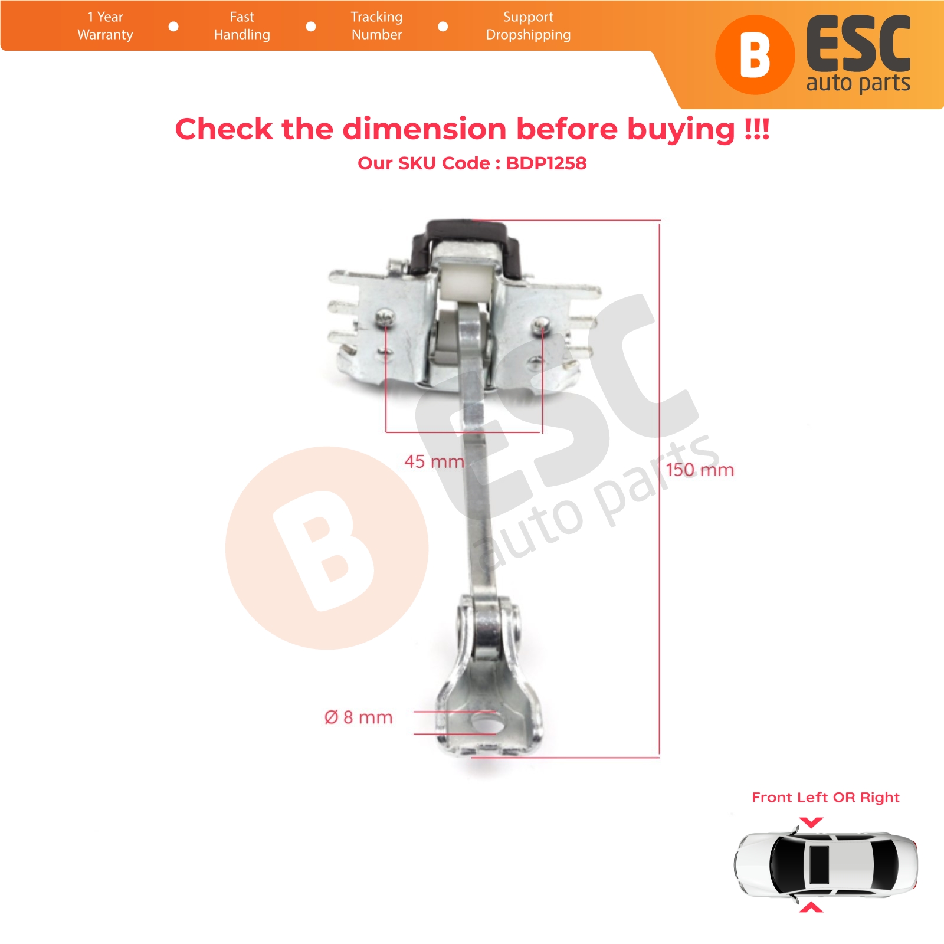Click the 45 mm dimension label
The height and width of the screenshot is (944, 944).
pos(434,461)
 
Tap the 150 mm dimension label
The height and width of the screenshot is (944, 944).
pos(700,470)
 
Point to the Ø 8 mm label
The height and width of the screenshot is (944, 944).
pos(359,717)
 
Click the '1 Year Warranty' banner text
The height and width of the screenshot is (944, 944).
pos(105,26)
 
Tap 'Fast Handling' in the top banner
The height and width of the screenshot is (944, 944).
pos(242,26)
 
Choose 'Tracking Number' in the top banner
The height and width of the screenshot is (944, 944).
pos(376,26)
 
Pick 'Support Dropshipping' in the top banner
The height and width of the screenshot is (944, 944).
pos(528,26)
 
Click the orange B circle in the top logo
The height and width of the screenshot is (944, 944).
pos(755,55)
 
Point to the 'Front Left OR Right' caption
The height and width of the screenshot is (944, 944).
pos(825,798)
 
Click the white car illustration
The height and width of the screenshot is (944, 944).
pos(826,864)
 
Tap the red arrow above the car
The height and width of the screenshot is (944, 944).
pos(811,822)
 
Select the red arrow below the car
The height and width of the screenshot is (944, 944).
pos(811,907)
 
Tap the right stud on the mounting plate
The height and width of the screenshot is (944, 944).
pos(542,323)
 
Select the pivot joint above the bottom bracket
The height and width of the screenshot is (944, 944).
pos(489,628)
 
